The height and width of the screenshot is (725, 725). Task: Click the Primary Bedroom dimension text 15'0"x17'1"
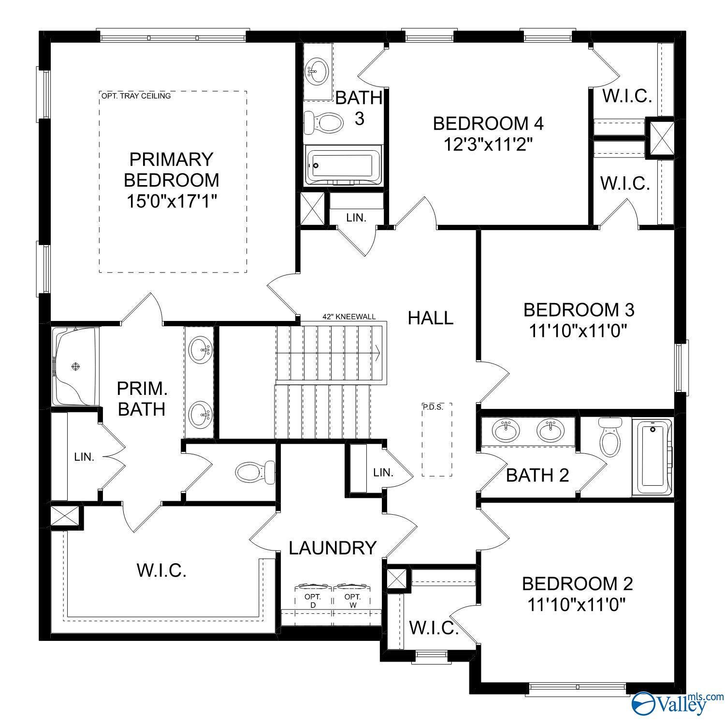[x=171, y=201]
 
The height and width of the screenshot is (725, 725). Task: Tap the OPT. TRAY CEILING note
[x=136, y=96]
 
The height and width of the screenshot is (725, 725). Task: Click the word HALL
[x=431, y=318]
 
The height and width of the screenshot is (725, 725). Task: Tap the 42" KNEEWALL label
[x=349, y=317]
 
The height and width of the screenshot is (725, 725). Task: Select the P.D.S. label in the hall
[x=433, y=407]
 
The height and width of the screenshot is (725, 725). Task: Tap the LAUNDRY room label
[x=333, y=548]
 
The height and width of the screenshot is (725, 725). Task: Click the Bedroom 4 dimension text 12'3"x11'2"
[x=488, y=144]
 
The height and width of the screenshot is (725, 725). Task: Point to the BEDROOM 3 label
[x=579, y=309]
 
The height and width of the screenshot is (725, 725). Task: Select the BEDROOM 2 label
[x=578, y=583]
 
